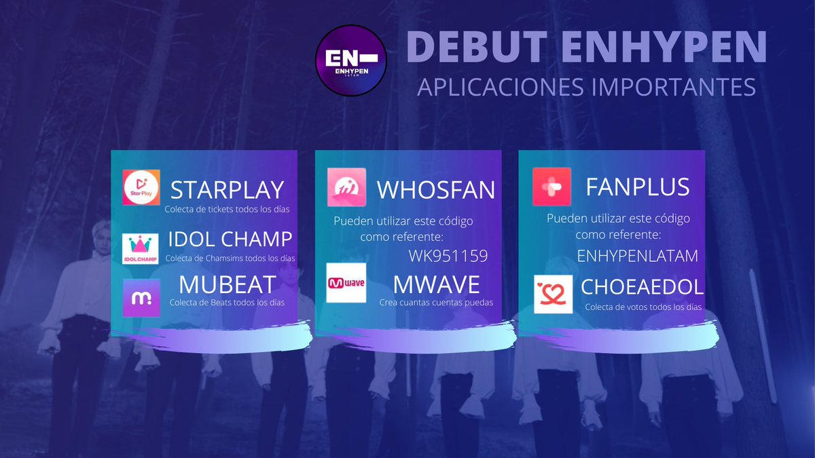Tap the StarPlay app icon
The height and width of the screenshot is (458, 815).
(141, 187)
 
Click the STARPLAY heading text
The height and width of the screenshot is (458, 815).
(227, 189)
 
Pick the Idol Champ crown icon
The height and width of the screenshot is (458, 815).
(141, 248)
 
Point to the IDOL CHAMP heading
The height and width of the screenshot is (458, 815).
(230, 239)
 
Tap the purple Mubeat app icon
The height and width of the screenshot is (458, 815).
(141, 298)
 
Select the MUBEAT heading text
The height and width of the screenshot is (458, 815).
(228, 285)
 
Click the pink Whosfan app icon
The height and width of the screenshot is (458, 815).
(346, 187)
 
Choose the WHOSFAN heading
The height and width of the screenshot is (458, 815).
(436, 190)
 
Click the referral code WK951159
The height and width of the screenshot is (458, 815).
(448, 256)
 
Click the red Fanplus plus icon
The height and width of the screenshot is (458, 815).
(552, 187)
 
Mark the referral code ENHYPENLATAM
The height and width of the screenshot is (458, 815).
(637, 256)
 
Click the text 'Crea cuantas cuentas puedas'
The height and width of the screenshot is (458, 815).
(436, 303)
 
